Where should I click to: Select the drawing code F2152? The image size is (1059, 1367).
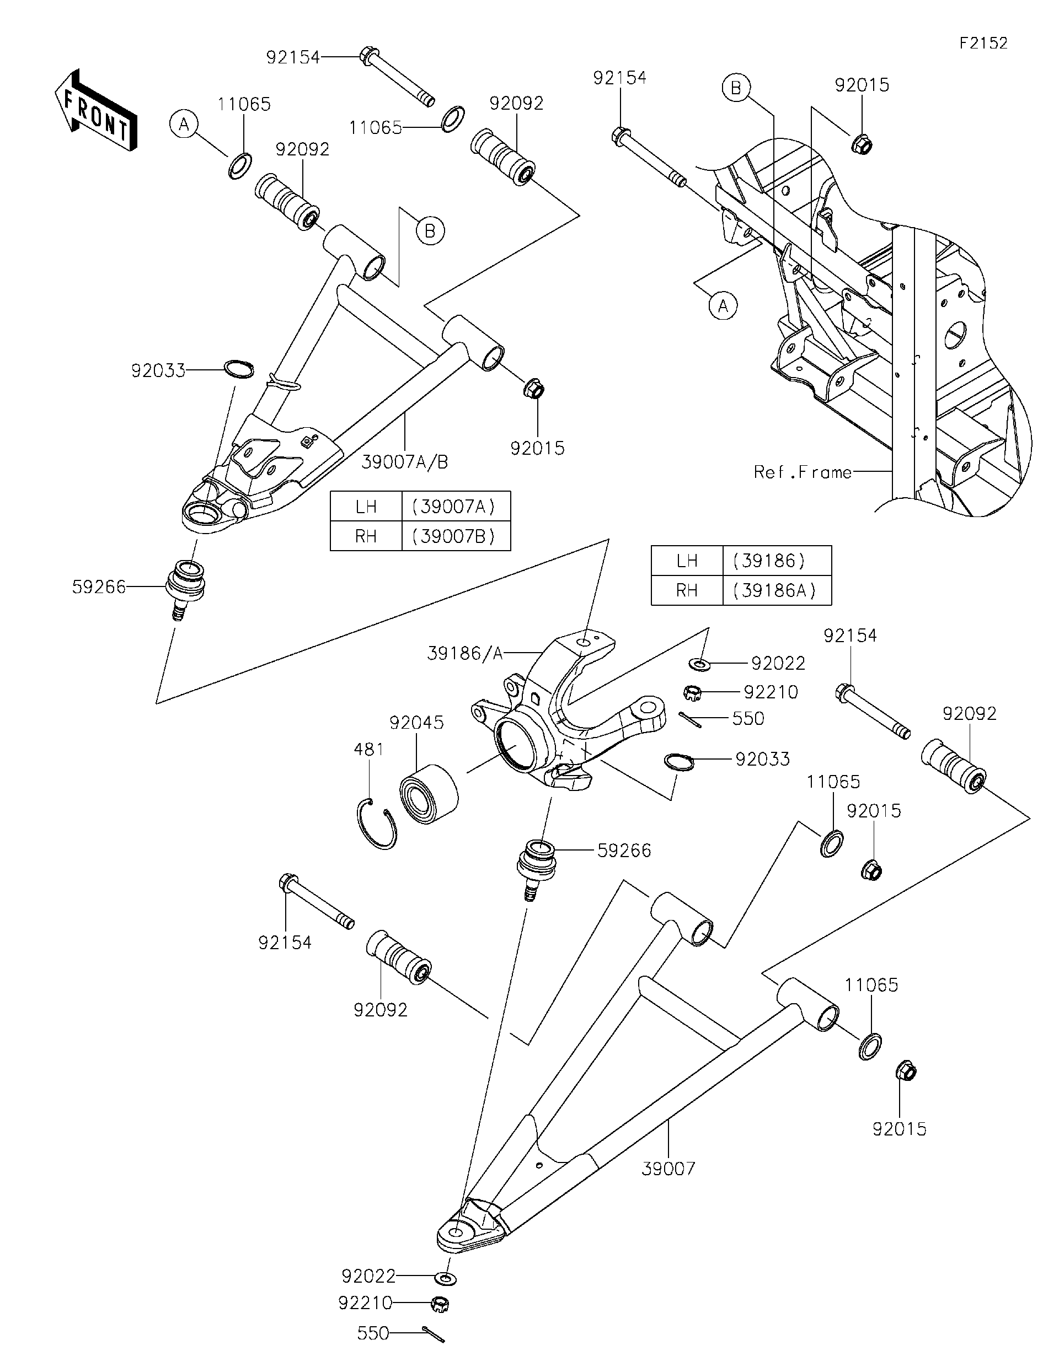(983, 43)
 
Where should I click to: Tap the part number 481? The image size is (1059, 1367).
(368, 749)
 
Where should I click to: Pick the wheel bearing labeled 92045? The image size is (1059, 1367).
(429, 791)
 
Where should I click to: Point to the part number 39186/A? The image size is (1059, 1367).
(464, 653)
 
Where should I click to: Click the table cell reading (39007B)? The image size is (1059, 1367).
(455, 536)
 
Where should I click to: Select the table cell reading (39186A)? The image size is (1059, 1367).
(776, 590)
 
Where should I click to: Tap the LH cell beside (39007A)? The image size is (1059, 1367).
(366, 507)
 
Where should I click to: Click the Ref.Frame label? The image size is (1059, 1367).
(802, 472)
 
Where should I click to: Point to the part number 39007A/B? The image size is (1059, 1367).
(405, 462)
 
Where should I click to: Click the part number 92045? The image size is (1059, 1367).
(416, 722)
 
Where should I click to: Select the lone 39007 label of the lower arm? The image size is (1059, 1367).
(668, 1168)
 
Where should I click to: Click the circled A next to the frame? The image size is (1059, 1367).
(723, 306)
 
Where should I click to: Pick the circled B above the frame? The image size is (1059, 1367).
(736, 88)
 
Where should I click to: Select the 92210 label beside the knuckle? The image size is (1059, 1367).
(771, 692)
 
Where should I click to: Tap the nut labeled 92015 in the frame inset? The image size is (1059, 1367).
(862, 144)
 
